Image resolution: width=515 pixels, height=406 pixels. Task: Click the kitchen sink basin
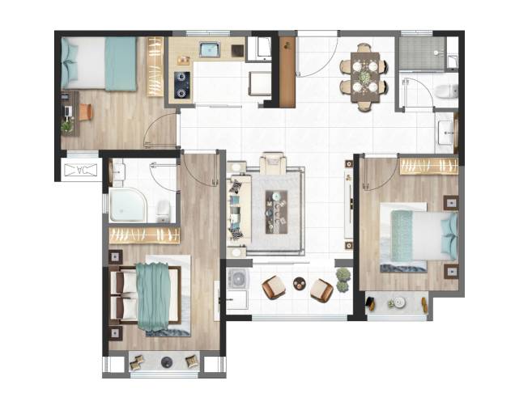point(210,49)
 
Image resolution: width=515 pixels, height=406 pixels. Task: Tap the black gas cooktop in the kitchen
point(181,85)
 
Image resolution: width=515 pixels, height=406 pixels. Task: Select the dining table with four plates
point(364,78)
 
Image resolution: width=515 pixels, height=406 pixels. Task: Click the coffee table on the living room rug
point(276,212)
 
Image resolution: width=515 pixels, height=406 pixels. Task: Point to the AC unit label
point(81,170)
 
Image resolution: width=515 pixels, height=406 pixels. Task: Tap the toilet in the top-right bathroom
point(447,91)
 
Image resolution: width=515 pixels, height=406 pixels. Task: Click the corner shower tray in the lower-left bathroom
point(129,205)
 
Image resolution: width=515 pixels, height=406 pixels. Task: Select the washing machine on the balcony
point(238,278)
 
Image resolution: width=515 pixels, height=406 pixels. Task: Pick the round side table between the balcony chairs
point(299,283)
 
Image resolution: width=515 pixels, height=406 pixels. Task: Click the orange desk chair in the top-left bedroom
point(86,112)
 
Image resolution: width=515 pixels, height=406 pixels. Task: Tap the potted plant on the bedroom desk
point(67,127)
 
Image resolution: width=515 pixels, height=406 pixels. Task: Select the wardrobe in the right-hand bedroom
point(428,167)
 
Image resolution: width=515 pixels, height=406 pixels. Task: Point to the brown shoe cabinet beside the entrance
point(287,72)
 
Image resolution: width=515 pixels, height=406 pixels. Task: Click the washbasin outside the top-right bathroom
point(446,133)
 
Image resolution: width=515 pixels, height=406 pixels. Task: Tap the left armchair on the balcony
point(274,287)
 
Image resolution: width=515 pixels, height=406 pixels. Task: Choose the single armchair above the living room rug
point(273,163)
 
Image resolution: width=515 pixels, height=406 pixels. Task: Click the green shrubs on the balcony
point(343,279)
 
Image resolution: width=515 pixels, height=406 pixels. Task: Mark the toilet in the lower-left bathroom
point(164,211)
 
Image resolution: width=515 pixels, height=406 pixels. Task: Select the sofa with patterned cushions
point(239,207)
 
